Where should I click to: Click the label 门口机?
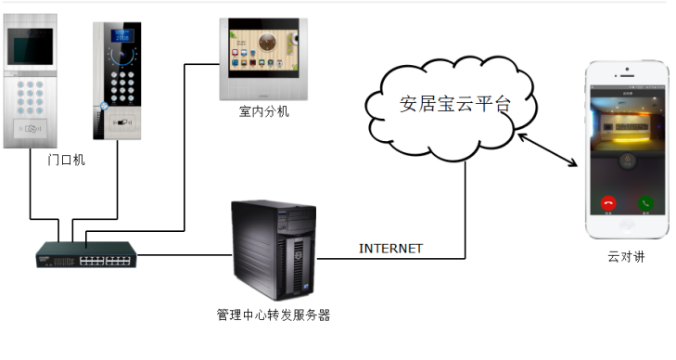tap(66, 160)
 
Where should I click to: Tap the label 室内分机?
tap(263, 113)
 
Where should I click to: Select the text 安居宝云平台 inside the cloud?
tap(454, 103)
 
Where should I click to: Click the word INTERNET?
tap(390, 249)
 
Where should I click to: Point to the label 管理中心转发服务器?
tap(274, 315)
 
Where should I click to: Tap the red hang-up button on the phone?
tap(608, 202)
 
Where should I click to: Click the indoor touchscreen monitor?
tap(264, 58)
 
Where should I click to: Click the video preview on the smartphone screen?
tap(626, 125)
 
